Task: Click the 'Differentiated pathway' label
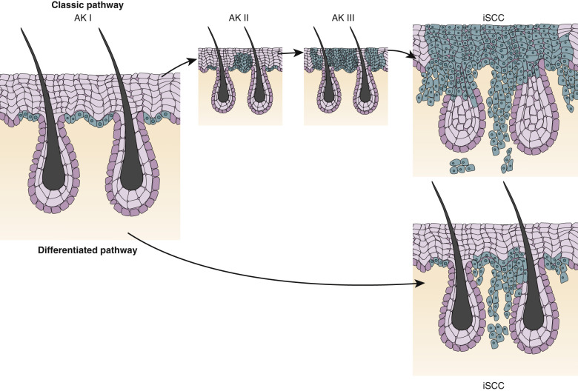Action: [88, 251]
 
